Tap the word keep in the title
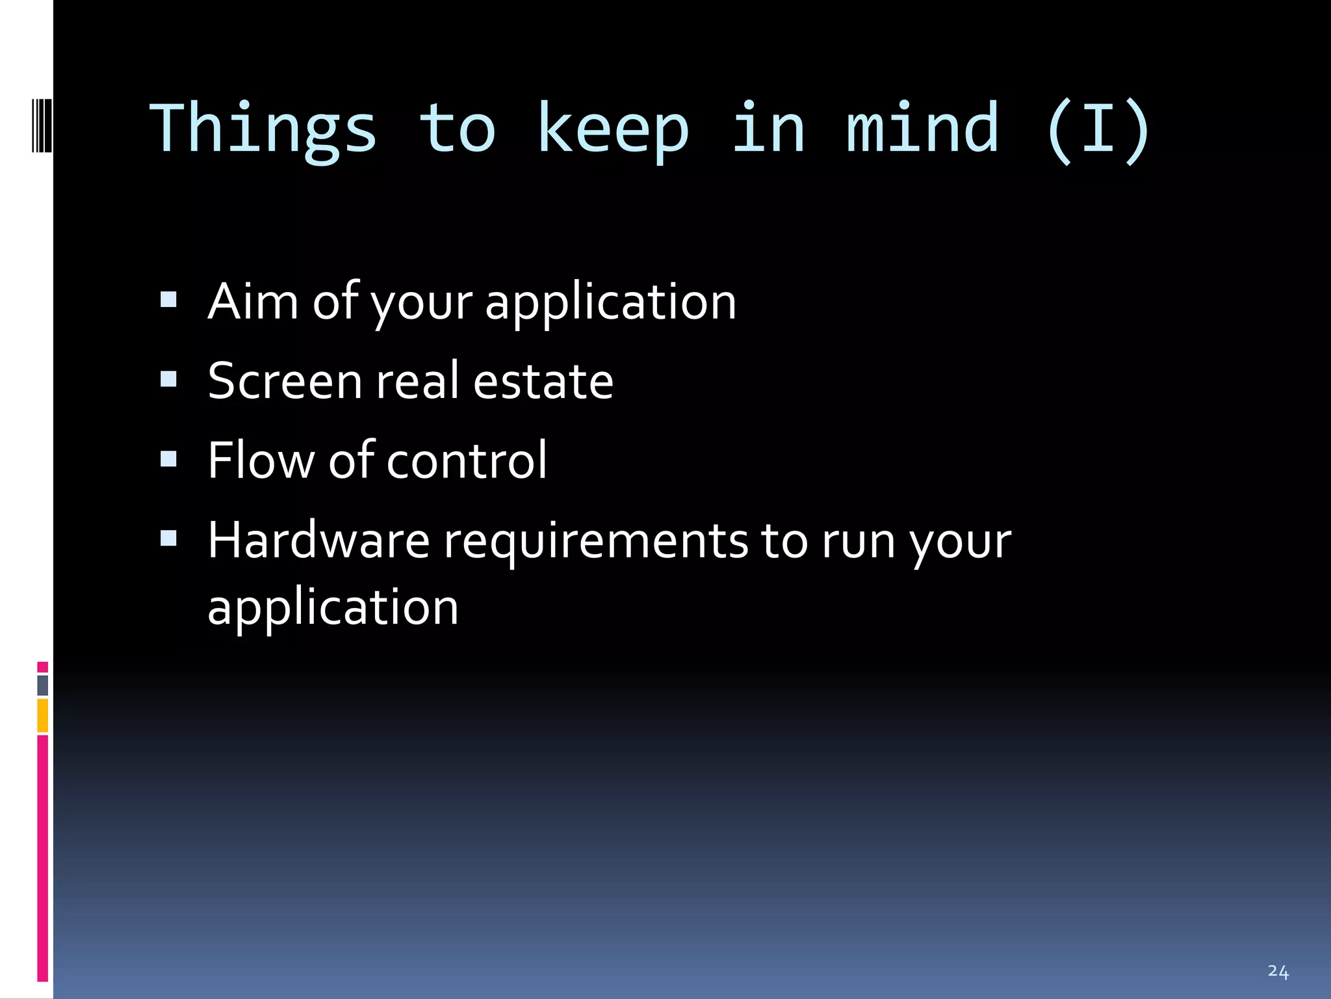(x=612, y=130)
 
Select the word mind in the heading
(x=922, y=129)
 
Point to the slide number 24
(x=1278, y=971)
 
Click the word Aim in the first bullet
(x=253, y=302)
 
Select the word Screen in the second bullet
(x=285, y=381)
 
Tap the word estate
(x=543, y=381)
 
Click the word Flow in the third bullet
(x=261, y=460)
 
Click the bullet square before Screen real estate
(x=168, y=379)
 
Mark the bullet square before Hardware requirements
(x=168, y=538)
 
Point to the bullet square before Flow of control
(x=168, y=459)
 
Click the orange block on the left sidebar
(x=42, y=715)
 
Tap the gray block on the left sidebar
(x=42, y=685)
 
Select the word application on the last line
(x=333, y=607)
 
